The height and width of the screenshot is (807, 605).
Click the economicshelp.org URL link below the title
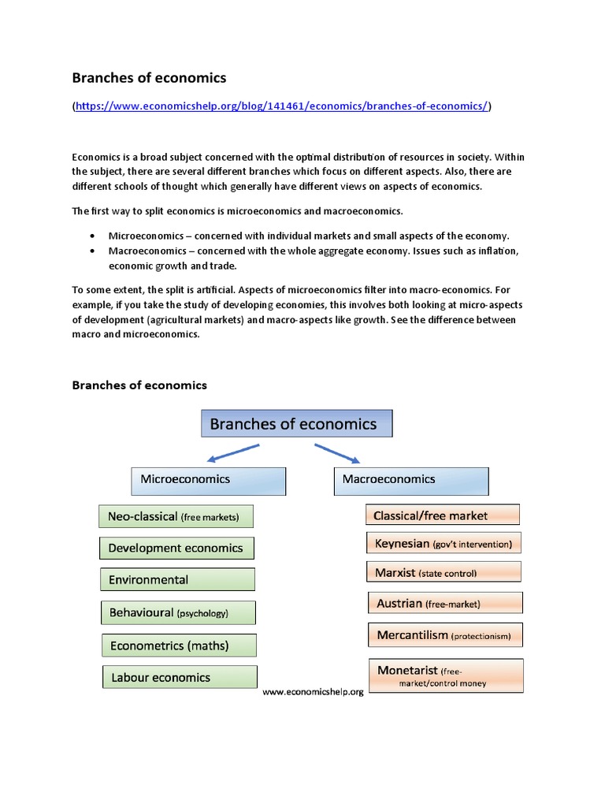[x=281, y=106]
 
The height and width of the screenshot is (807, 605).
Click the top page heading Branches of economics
[x=149, y=77]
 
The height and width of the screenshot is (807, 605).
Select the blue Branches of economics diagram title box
[x=296, y=424]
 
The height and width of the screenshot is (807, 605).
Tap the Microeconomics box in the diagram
[x=207, y=480]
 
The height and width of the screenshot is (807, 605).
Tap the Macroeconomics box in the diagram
[x=410, y=480]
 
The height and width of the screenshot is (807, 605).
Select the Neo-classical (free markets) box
[x=176, y=517]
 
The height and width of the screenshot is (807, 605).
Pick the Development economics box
[x=176, y=549]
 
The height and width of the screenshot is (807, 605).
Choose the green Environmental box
[x=176, y=580]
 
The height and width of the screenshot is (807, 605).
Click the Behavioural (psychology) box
[x=178, y=612]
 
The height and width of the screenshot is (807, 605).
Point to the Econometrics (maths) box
[x=179, y=645]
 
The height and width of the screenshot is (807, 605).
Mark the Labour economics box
[x=179, y=677]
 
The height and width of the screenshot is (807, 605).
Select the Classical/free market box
[x=442, y=515]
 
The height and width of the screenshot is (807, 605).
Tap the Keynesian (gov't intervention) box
[x=443, y=544]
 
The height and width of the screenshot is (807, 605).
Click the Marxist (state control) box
[x=443, y=573]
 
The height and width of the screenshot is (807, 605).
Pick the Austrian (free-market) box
[x=444, y=604]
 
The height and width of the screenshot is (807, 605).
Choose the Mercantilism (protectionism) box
[x=444, y=634]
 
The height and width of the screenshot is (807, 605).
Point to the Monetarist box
[x=445, y=676]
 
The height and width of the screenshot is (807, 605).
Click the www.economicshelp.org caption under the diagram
[x=313, y=692]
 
